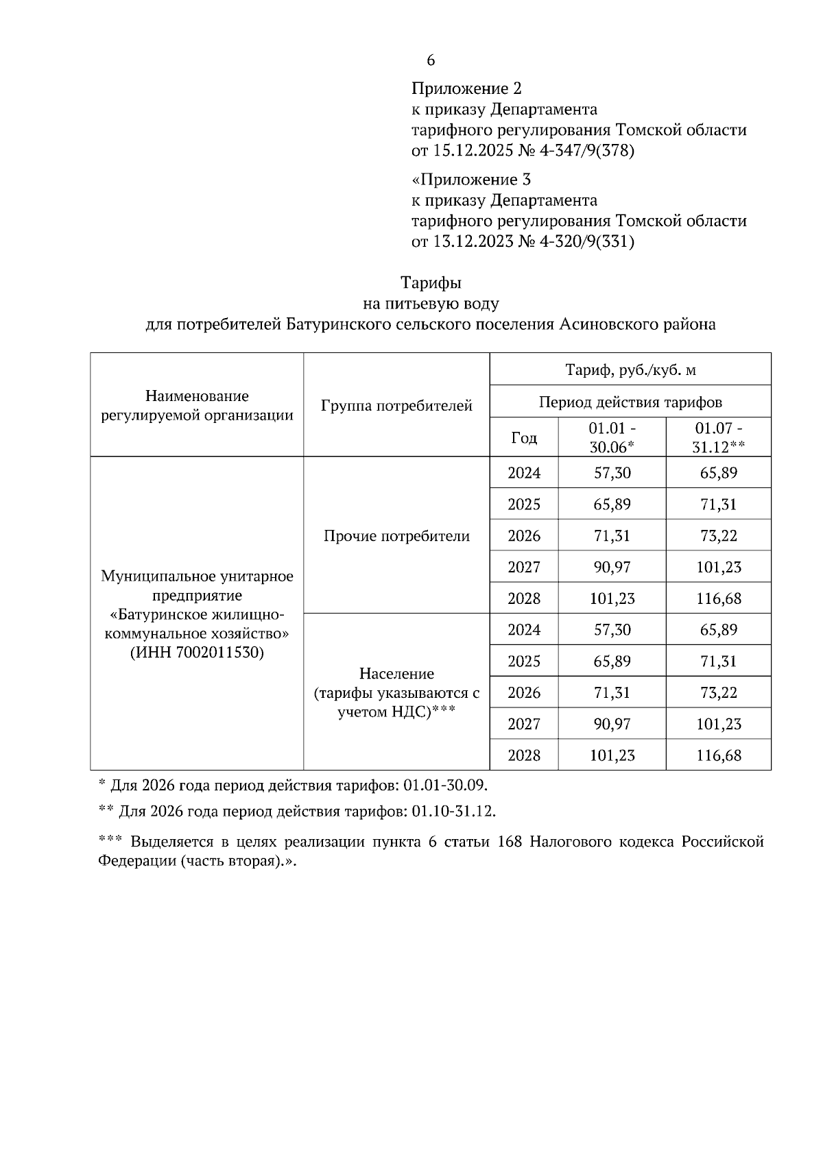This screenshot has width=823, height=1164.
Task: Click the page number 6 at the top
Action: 431,60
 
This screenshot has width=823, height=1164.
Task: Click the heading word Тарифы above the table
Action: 431,282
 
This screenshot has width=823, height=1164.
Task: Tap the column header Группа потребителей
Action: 396,405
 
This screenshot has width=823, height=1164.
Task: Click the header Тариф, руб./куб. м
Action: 630,370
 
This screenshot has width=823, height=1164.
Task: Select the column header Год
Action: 524,437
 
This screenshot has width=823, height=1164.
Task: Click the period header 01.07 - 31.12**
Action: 718,437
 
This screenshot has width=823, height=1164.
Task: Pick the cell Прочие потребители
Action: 396,536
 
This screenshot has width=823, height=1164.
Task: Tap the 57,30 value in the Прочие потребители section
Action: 612,473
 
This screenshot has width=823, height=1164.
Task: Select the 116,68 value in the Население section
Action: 719,755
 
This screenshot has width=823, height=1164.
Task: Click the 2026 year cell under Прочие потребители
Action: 524,536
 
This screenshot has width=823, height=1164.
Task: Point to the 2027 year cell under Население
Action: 524,724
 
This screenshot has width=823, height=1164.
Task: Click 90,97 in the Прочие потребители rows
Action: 612,568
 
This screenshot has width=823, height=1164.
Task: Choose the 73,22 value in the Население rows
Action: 719,692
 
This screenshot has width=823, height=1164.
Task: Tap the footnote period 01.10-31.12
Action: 453,812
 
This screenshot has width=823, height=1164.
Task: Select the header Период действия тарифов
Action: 630,402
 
